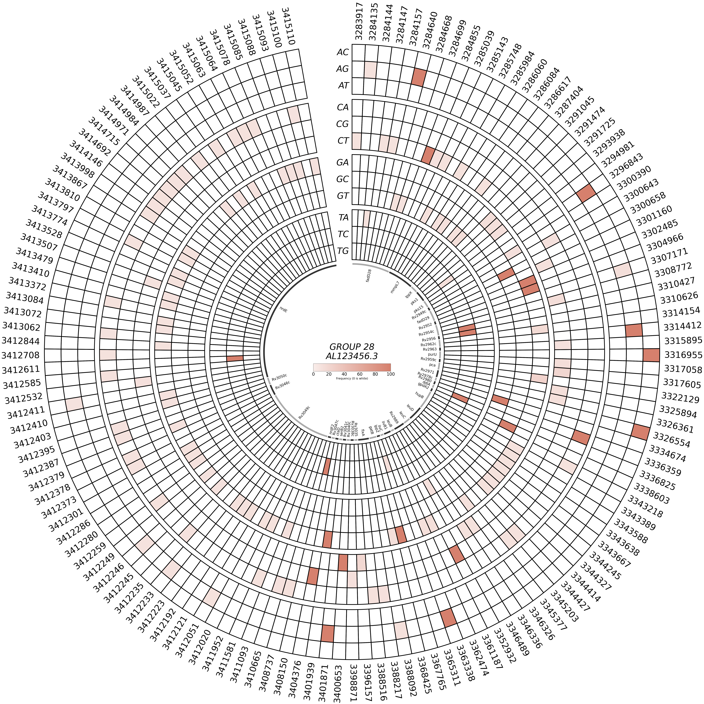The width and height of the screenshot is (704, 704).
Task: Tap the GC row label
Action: pyautogui.click(x=343, y=179)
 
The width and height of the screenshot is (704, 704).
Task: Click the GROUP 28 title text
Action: pyautogui.click(x=352, y=346)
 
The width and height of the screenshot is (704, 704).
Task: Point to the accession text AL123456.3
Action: pyautogui.click(x=352, y=356)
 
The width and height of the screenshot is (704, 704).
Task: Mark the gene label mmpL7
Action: pyautogui.click(x=395, y=287)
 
